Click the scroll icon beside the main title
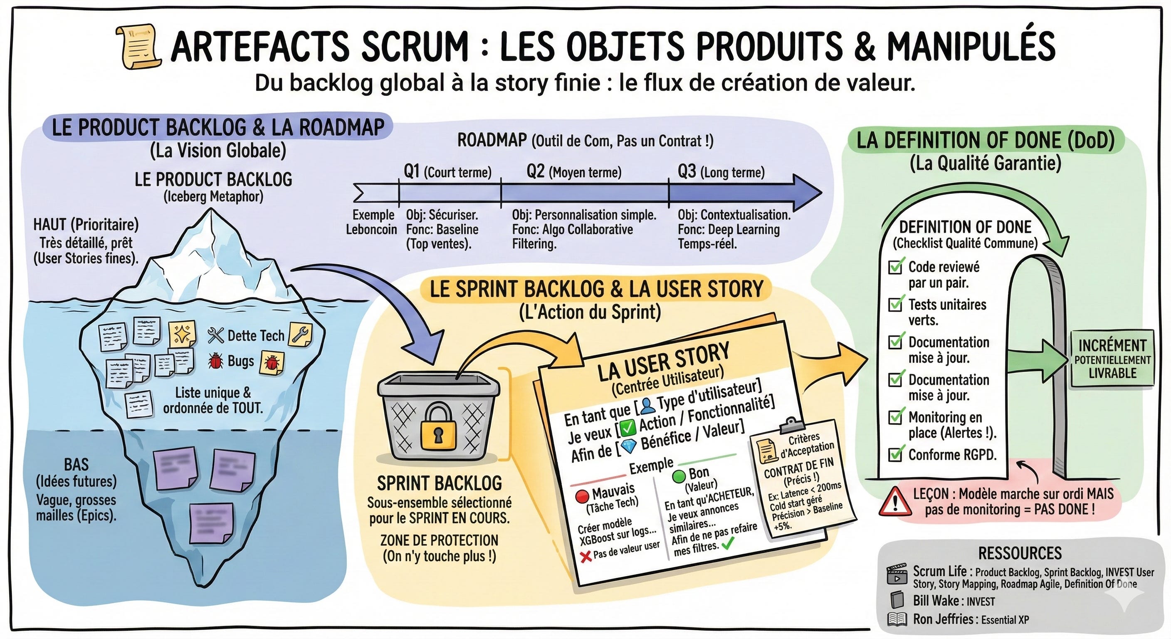[138, 47]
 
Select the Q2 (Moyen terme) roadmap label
[574, 172]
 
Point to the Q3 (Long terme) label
[721, 172]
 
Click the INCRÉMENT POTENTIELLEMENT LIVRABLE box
[1112, 359]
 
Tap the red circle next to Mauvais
[582, 496]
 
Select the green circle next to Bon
[679, 477]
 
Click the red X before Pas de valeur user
[586, 556]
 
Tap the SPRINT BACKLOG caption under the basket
[439, 483]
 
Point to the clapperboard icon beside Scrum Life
[897, 575]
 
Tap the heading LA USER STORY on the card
[664, 362]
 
